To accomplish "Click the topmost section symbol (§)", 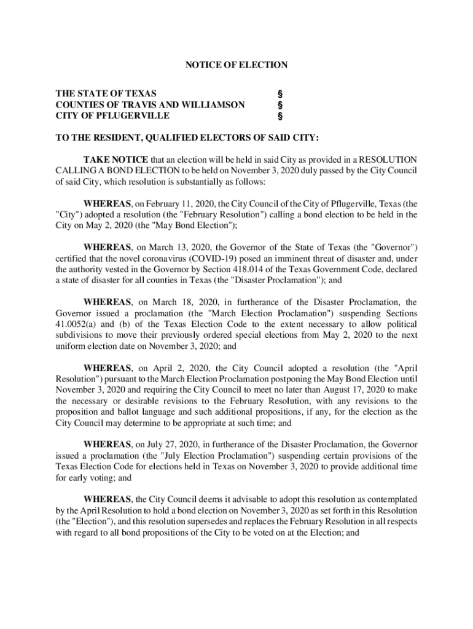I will [280, 94].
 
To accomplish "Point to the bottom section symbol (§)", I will [280, 115].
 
